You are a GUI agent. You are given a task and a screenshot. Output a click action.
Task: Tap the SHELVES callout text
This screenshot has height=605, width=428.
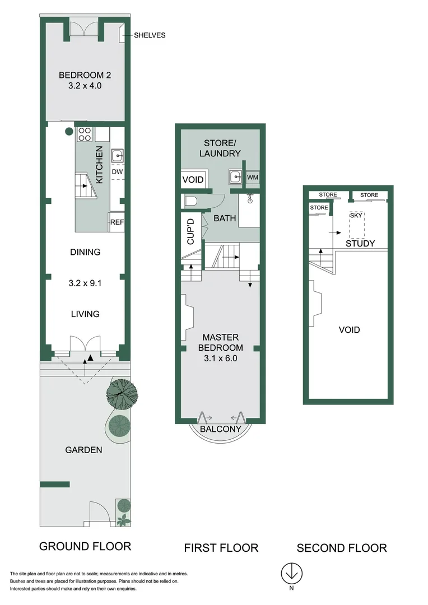[x=150, y=35]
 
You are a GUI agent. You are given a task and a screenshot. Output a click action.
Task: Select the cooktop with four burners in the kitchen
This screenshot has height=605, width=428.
[x=84, y=134]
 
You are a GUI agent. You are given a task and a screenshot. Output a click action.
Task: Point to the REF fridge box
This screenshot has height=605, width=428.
[x=117, y=222]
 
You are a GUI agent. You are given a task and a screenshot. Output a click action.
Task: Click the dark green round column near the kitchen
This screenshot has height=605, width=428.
[x=69, y=132]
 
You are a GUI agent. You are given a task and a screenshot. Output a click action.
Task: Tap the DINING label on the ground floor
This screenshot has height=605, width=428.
[x=85, y=252]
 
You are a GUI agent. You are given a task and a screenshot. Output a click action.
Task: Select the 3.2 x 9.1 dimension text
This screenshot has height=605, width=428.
[x=85, y=283]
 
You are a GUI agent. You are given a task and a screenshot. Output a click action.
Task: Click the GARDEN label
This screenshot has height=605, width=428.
[x=83, y=449]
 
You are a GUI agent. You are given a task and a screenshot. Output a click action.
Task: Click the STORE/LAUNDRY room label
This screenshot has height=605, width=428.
[x=220, y=148]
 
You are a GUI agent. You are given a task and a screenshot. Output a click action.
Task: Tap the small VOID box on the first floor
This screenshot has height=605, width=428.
[x=193, y=180]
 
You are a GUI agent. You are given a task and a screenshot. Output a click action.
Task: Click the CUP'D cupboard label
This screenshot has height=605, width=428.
[x=190, y=231]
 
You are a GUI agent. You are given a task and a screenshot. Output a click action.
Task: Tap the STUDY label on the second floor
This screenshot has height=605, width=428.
[x=360, y=243]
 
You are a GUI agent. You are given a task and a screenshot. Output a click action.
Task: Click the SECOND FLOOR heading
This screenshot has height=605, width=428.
[x=342, y=548]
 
